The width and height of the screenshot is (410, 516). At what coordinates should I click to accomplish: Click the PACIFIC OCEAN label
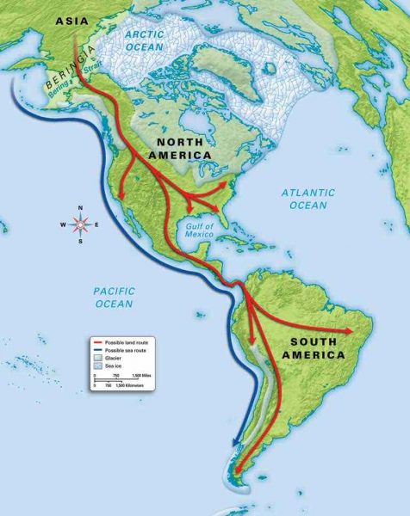pyautogui.click(x=114, y=298)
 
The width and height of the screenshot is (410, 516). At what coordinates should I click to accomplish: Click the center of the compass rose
pyautogui.click(x=80, y=225)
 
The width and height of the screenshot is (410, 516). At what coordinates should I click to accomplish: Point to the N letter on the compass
pyautogui.click(x=80, y=209)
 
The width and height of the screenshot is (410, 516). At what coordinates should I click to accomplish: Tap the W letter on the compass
pyautogui.click(x=63, y=225)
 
